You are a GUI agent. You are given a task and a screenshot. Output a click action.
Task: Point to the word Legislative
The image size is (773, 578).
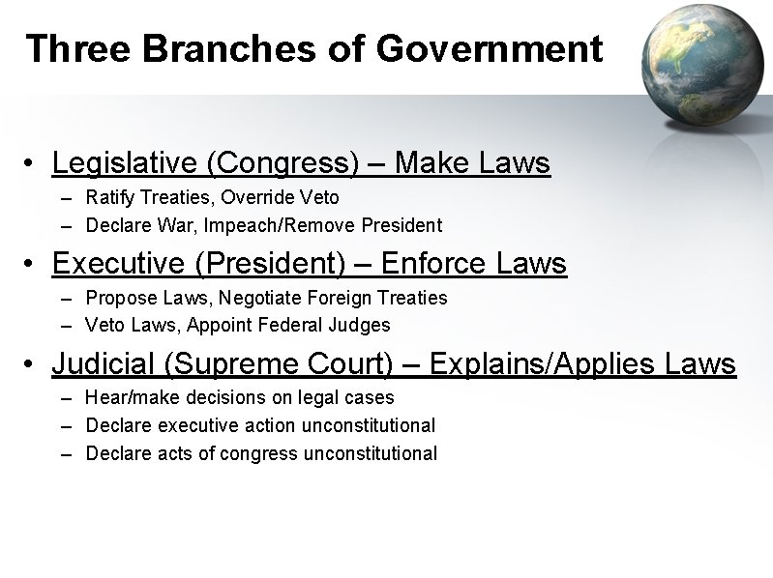tap(125, 163)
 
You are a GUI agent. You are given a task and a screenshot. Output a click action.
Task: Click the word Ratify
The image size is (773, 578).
tap(109, 198)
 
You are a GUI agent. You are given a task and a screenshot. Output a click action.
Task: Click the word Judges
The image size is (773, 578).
tap(364, 324)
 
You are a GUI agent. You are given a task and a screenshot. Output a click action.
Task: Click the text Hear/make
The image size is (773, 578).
tap(126, 397)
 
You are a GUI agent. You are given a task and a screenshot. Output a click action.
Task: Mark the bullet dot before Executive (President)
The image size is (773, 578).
tap(33, 264)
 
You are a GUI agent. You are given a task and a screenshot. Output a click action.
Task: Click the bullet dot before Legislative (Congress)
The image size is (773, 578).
tap(33, 164)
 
